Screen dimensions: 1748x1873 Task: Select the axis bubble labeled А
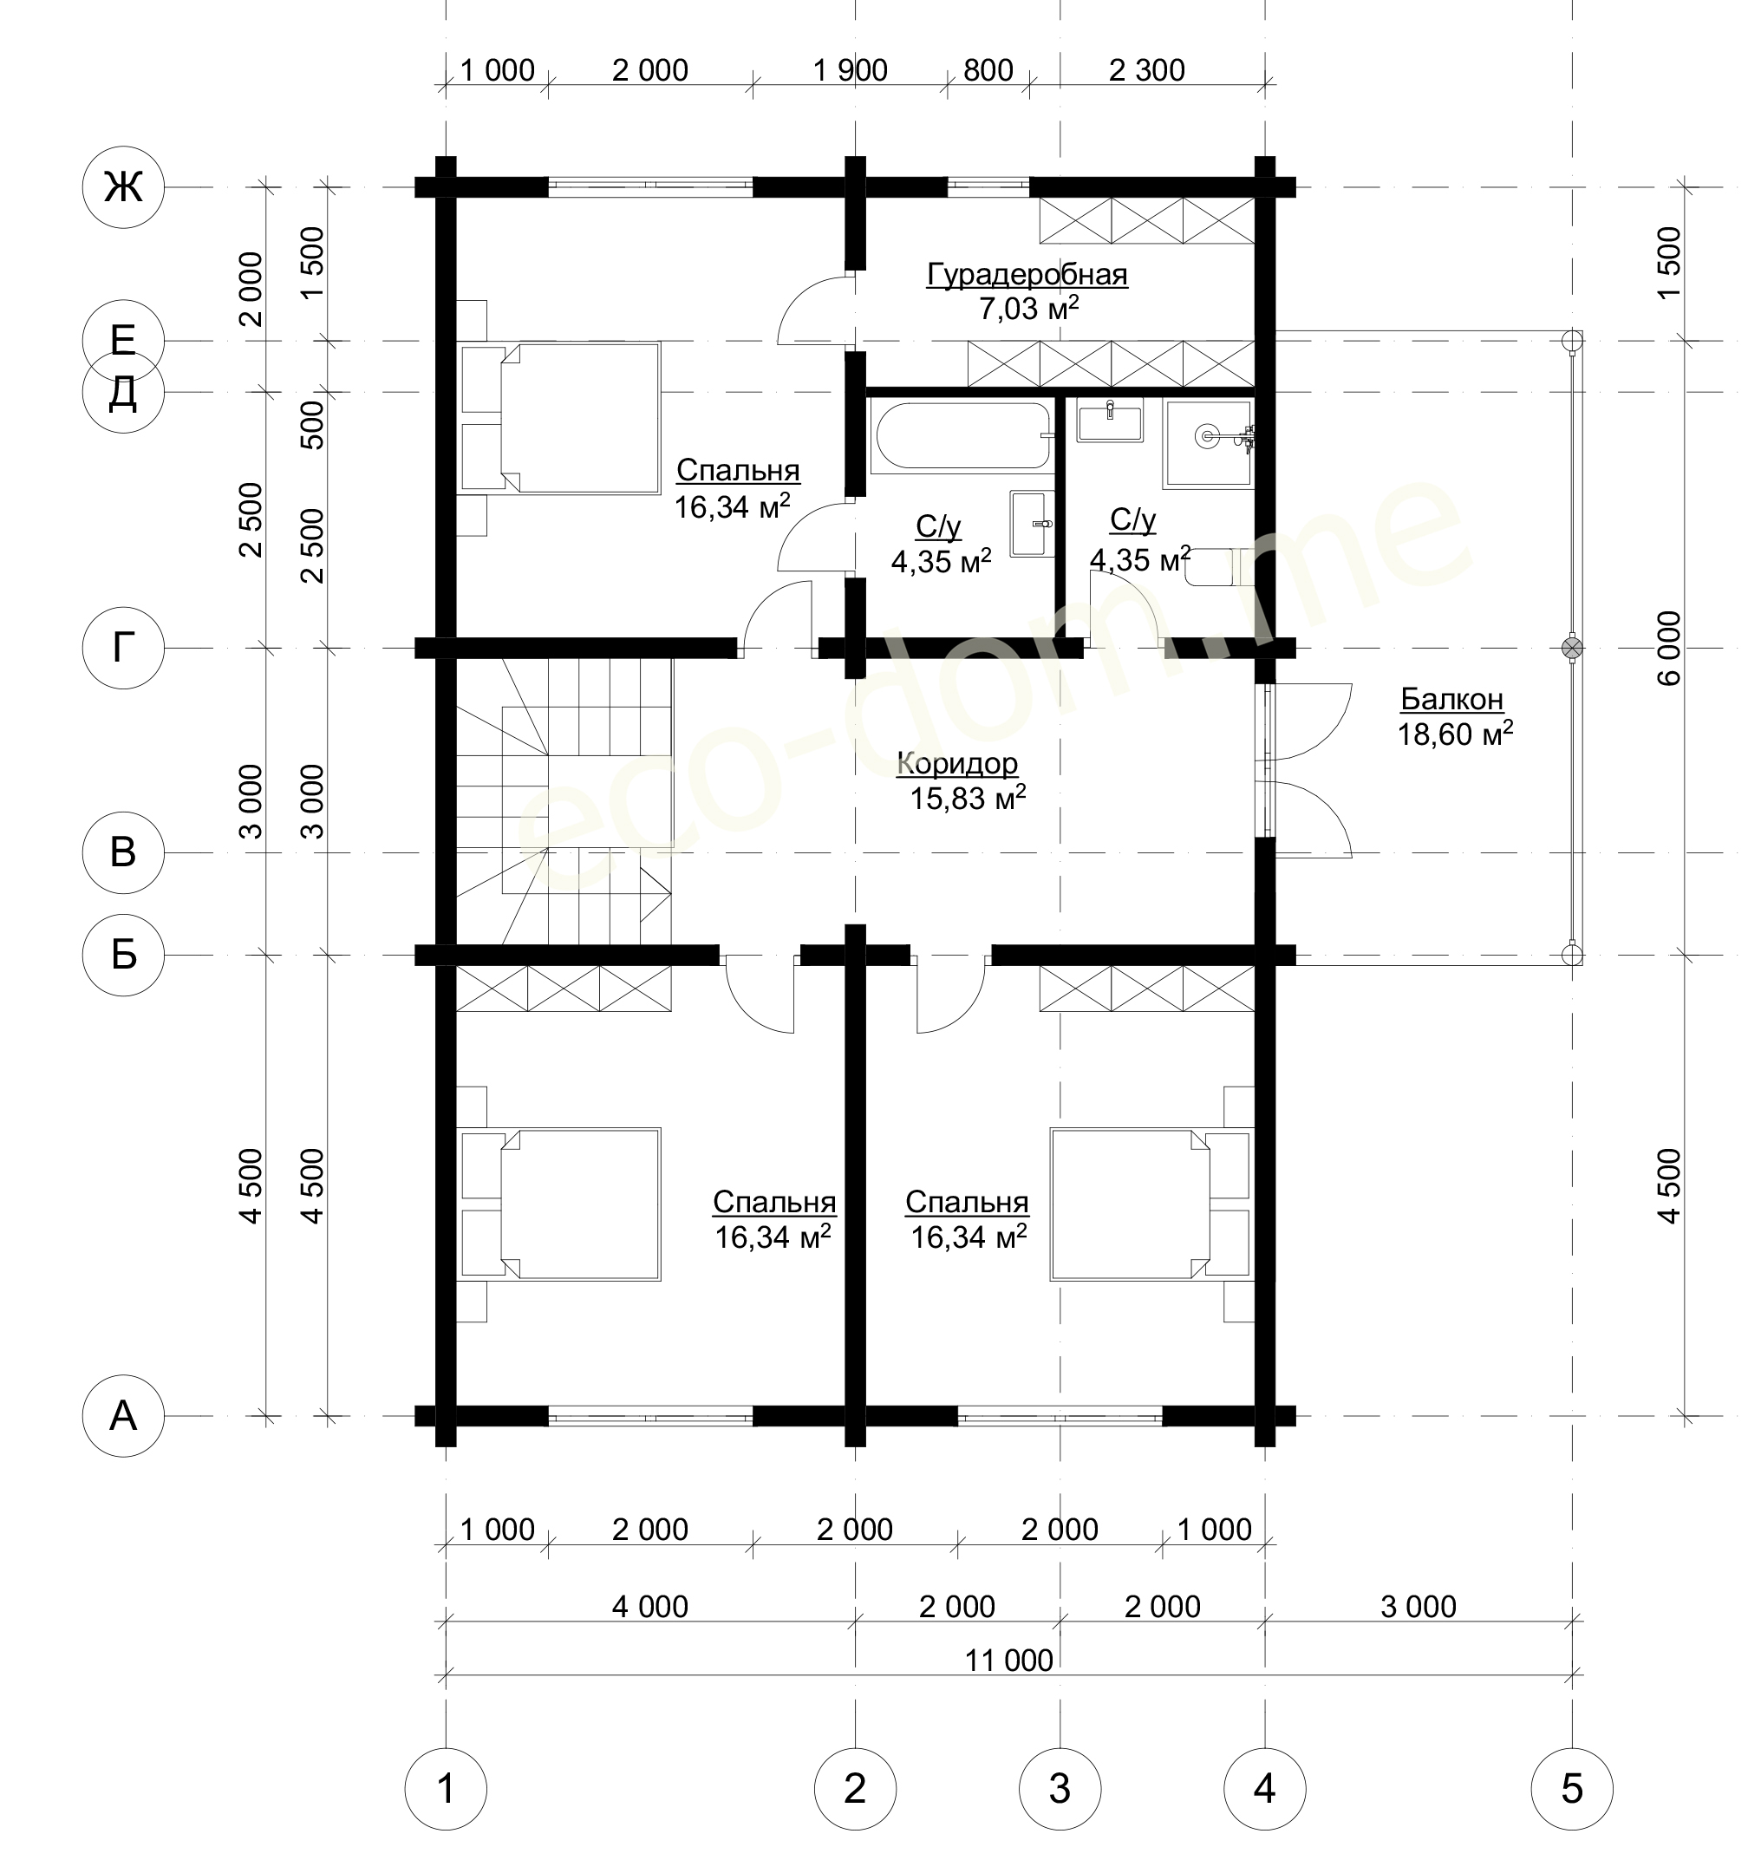[123, 1416]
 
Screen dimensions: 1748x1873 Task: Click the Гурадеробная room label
[1027, 274]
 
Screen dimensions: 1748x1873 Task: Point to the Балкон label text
[1452, 699]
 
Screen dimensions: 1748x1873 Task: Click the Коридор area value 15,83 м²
[968, 799]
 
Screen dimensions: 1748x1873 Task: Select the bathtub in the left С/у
[962, 436]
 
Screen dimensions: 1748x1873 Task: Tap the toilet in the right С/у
[1220, 567]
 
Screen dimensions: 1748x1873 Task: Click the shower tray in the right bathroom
[1209, 443]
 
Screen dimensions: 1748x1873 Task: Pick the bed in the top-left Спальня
[561, 417]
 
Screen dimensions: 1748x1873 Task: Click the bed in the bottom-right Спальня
[1151, 1204]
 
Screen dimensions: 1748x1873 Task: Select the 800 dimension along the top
[988, 69]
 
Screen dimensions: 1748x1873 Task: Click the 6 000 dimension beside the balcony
[1668, 649]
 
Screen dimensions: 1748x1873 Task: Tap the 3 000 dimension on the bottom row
[1419, 1607]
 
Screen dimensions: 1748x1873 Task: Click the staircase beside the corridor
[564, 801]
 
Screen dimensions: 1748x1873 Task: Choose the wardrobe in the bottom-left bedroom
[564, 989]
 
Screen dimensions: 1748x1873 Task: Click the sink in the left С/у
[1032, 523]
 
